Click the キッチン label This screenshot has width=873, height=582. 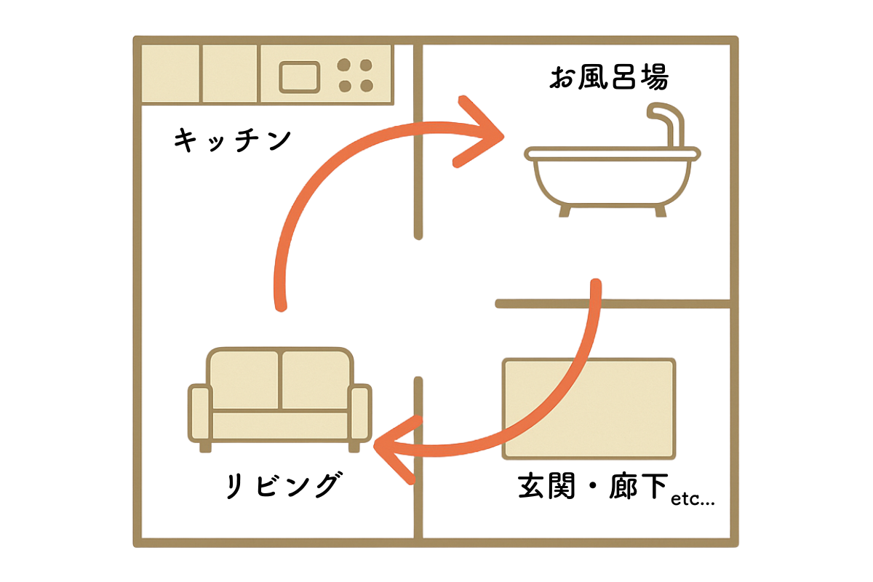[x=232, y=140]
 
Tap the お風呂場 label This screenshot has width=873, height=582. [x=609, y=77]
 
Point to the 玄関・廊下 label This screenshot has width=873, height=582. [x=593, y=486]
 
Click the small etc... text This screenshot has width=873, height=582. [x=693, y=500]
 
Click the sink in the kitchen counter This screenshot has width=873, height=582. [x=299, y=77]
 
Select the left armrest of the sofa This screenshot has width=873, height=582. [x=200, y=413]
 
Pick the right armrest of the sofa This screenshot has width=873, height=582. [x=360, y=413]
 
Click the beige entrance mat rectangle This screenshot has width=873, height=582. [x=589, y=409]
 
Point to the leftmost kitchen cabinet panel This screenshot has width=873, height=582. [x=170, y=73]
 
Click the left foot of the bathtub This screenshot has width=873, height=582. [x=565, y=211]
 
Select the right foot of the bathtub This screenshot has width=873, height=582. [x=661, y=211]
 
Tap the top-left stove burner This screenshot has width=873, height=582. [x=343, y=65]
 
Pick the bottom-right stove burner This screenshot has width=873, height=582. [x=367, y=86]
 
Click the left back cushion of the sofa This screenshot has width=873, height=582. [x=244, y=380]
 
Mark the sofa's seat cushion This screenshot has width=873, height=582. [x=280, y=426]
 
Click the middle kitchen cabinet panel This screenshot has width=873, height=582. [x=230, y=73]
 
